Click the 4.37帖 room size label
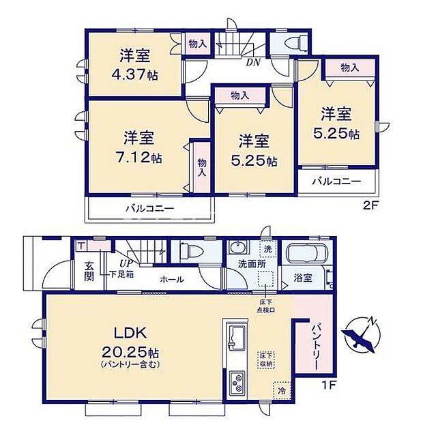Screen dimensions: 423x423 click(x=134, y=74)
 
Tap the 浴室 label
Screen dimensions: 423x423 click(x=303, y=278)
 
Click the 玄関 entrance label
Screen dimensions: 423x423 click(x=89, y=271)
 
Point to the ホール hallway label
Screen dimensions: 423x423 click(x=173, y=279)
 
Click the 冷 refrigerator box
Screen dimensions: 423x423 click(x=280, y=390)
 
